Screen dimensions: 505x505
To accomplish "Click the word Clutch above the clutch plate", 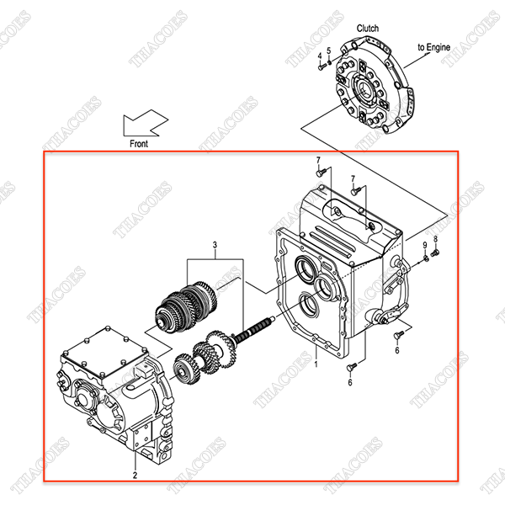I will tap(368, 28).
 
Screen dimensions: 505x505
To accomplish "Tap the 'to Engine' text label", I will tap(434, 47).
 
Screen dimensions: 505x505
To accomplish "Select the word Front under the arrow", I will tap(139, 144).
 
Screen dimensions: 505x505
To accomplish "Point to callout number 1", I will tap(316, 364).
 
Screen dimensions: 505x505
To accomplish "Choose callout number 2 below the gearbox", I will tap(135, 476).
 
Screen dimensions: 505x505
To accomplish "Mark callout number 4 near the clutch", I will tap(320, 56).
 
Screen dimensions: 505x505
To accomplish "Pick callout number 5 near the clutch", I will tap(329, 50).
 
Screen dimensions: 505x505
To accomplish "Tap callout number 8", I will tap(436, 240).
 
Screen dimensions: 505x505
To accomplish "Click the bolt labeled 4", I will tap(322, 66).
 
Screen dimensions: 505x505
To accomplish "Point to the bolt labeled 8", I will tap(435, 252).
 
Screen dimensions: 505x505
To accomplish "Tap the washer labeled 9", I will tap(425, 257).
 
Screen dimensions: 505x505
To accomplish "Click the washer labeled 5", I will tap(331, 61).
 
